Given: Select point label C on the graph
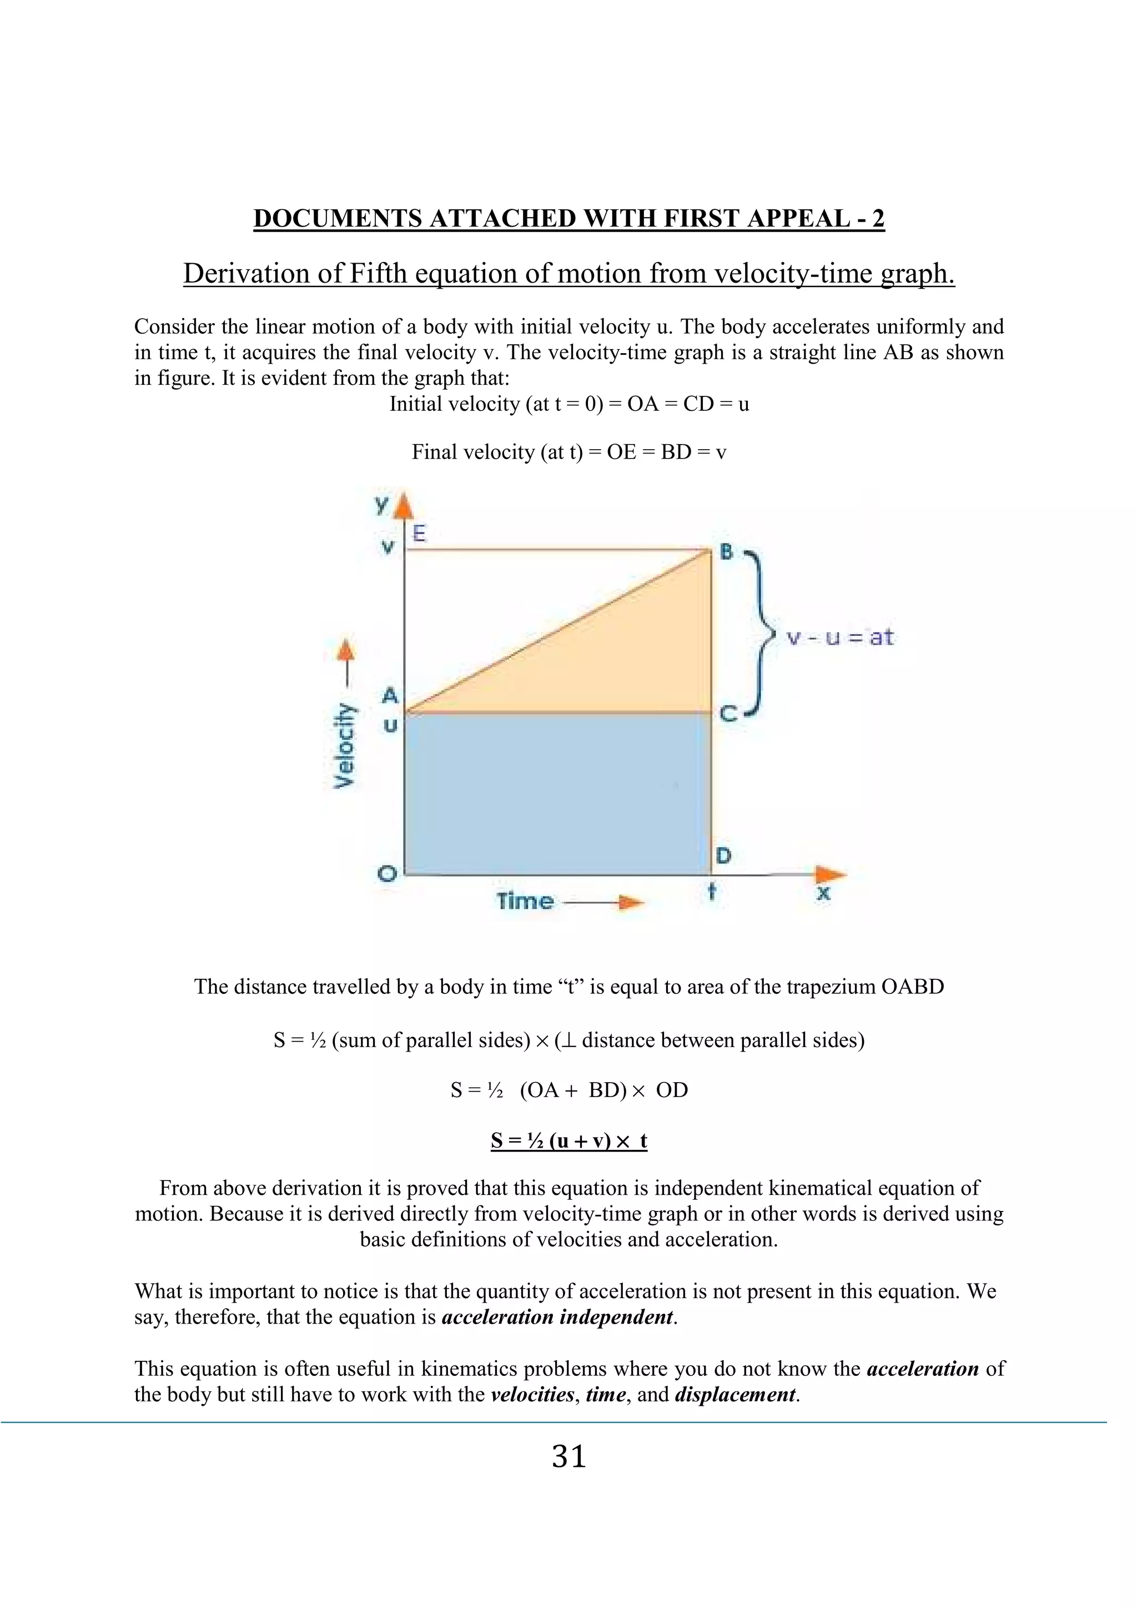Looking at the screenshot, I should click(728, 714).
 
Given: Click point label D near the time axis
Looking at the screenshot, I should click(724, 855).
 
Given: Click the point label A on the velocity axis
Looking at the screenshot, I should click(390, 695).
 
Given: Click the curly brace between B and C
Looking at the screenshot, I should click(761, 634).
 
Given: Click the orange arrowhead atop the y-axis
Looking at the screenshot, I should click(404, 507).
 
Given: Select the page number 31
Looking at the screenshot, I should click(568, 1457).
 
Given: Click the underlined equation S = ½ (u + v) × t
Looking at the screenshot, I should click(568, 1141).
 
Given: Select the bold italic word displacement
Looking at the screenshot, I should click(735, 1394).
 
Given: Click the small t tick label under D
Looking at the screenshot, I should click(712, 893).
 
